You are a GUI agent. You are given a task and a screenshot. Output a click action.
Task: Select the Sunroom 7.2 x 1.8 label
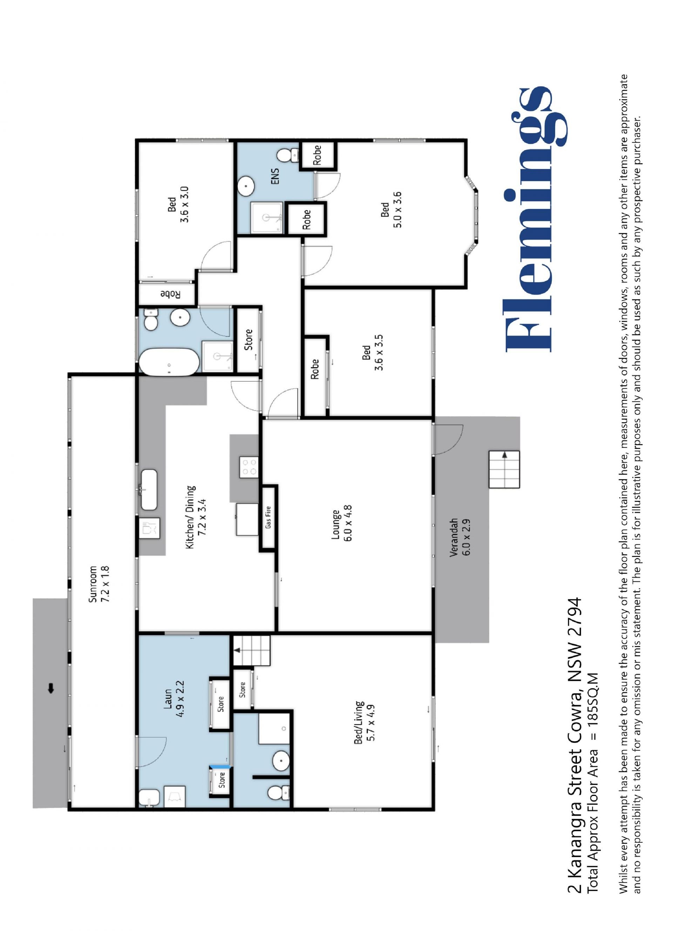point(98,584)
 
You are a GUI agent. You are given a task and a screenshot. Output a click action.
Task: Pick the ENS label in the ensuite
point(275,176)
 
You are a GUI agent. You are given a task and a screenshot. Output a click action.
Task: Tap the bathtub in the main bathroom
point(169,362)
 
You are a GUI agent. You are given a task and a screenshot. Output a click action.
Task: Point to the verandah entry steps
point(504,470)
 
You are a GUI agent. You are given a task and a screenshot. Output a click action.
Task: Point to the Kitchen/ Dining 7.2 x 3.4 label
point(196,517)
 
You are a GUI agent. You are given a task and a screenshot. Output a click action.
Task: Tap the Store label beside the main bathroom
point(248,339)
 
